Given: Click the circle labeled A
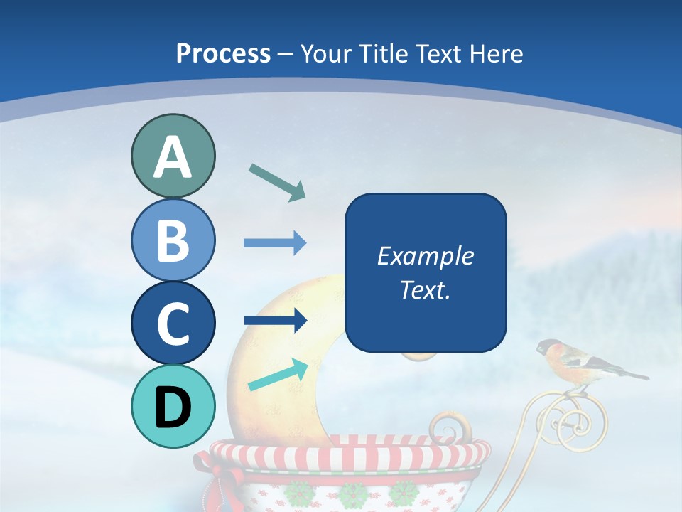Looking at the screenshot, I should pos(173,156).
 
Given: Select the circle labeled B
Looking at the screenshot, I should pos(173,240).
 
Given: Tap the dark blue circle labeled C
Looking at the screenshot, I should pos(173,323).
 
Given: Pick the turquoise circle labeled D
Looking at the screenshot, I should pos(173,406).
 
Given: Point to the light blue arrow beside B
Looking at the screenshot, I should pos(275,243).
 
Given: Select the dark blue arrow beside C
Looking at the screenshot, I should pos(275,321).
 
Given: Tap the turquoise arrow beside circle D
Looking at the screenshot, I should pos(278,375).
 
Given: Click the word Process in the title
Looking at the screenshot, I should pos(223,53).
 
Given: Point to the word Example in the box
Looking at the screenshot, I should pos(425,256).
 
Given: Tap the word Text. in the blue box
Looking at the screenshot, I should pos(425,289).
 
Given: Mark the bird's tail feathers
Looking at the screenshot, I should pos(629,373).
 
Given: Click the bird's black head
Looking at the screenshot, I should pos(546,348).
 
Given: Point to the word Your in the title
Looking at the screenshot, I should pos(325,53).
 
